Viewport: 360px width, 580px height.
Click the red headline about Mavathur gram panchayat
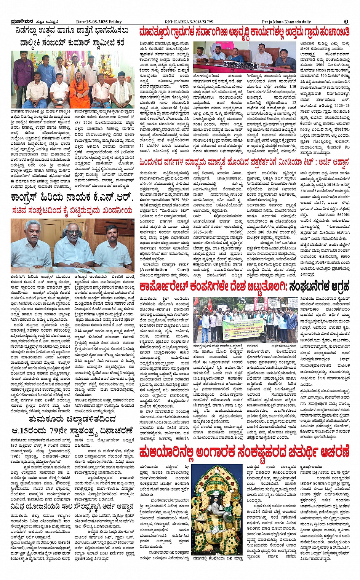click(244, 32)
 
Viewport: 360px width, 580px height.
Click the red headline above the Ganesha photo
click(244, 453)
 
